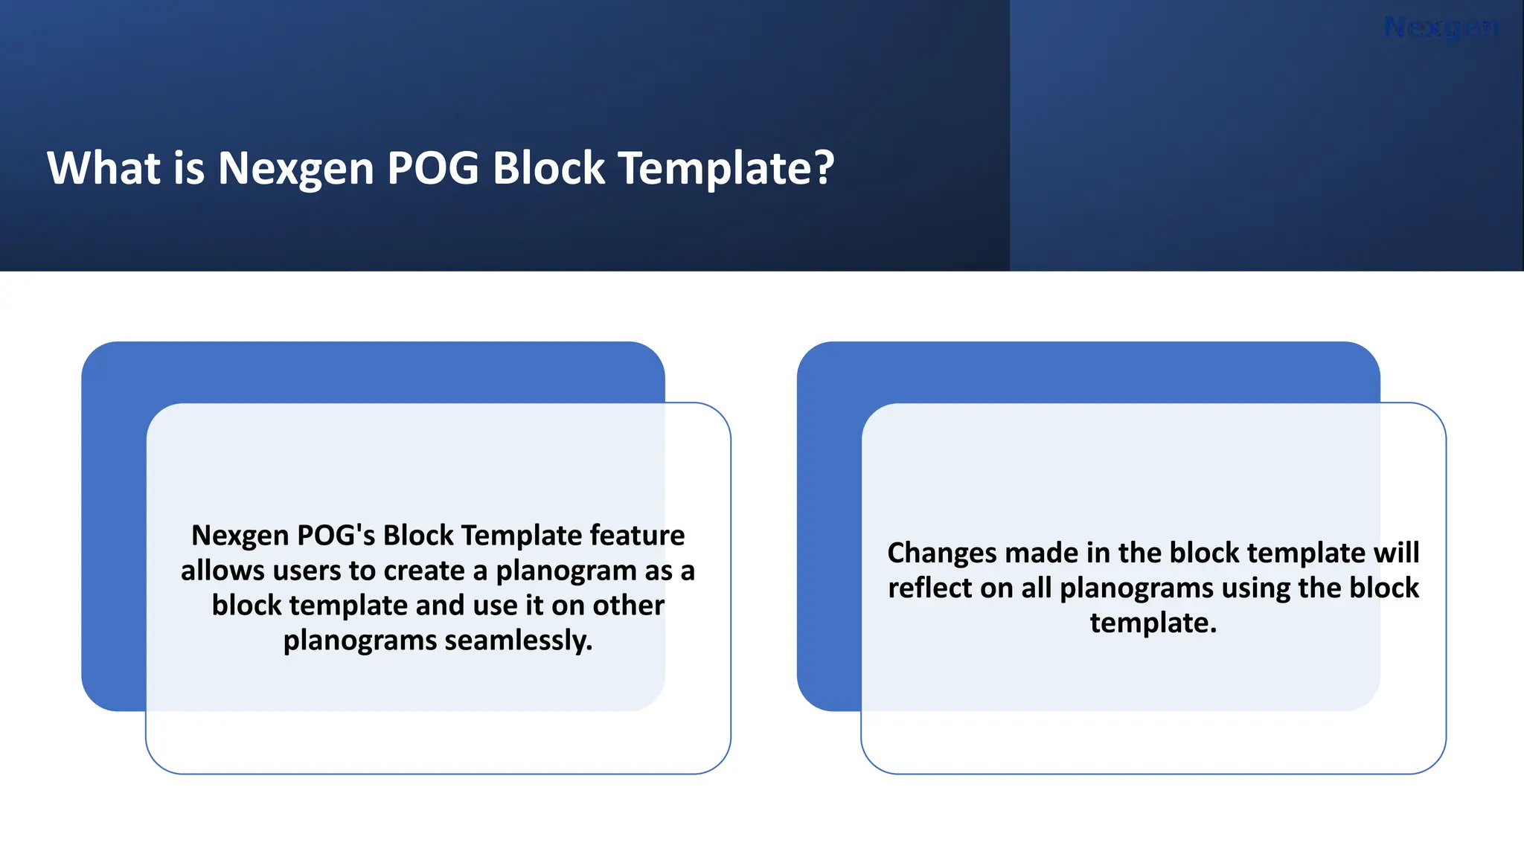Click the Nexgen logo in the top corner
[1441, 28]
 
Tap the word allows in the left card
[222, 571]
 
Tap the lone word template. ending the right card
[1153, 623]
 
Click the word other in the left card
[628, 606]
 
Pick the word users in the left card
[306, 571]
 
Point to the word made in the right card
[1040, 553]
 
